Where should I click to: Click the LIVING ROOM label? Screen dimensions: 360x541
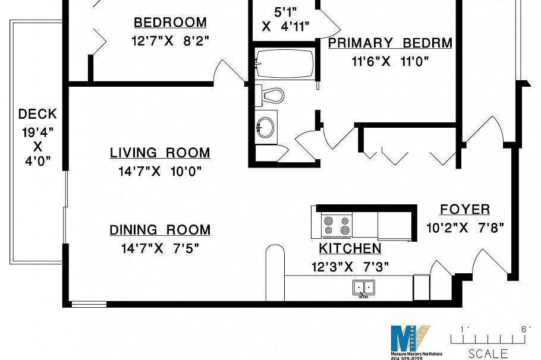[x=160, y=153]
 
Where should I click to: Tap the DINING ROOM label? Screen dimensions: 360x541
[x=160, y=230]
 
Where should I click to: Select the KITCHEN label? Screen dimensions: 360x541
[x=350, y=248]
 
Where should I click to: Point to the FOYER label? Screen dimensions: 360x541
[x=465, y=209]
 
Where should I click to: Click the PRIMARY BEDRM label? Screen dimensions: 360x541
[x=390, y=43]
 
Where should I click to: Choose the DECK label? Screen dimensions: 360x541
[x=37, y=114]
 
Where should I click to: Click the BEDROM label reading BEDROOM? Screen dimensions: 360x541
[x=170, y=23]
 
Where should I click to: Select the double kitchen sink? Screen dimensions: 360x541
[x=363, y=288]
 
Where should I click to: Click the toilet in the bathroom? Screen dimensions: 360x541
[x=270, y=95]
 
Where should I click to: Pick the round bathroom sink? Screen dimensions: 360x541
[x=266, y=126]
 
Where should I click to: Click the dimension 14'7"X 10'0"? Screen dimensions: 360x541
[x=160, y=172]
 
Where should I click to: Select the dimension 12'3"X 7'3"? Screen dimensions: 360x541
[x=350, y=267]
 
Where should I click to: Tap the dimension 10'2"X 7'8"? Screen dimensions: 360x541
[x=465, y=228]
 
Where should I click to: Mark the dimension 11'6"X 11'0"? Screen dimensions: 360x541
[x=390, y=61]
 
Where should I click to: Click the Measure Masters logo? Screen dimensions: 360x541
[x=410, y=342]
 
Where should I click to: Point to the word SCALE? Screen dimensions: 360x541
[x=488, y=354]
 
